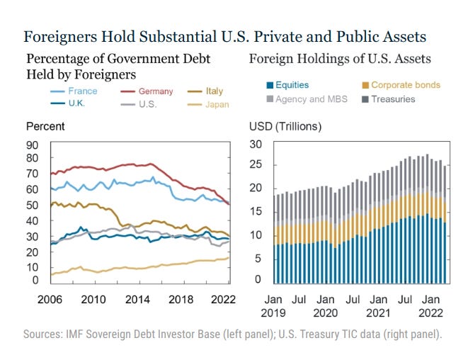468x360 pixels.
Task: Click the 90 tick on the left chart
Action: pos(33,145)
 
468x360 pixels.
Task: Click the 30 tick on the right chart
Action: pos(257,145)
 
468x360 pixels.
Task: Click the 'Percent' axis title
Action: pos(45,127)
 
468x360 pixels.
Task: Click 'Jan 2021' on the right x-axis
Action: pos(378,304)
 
